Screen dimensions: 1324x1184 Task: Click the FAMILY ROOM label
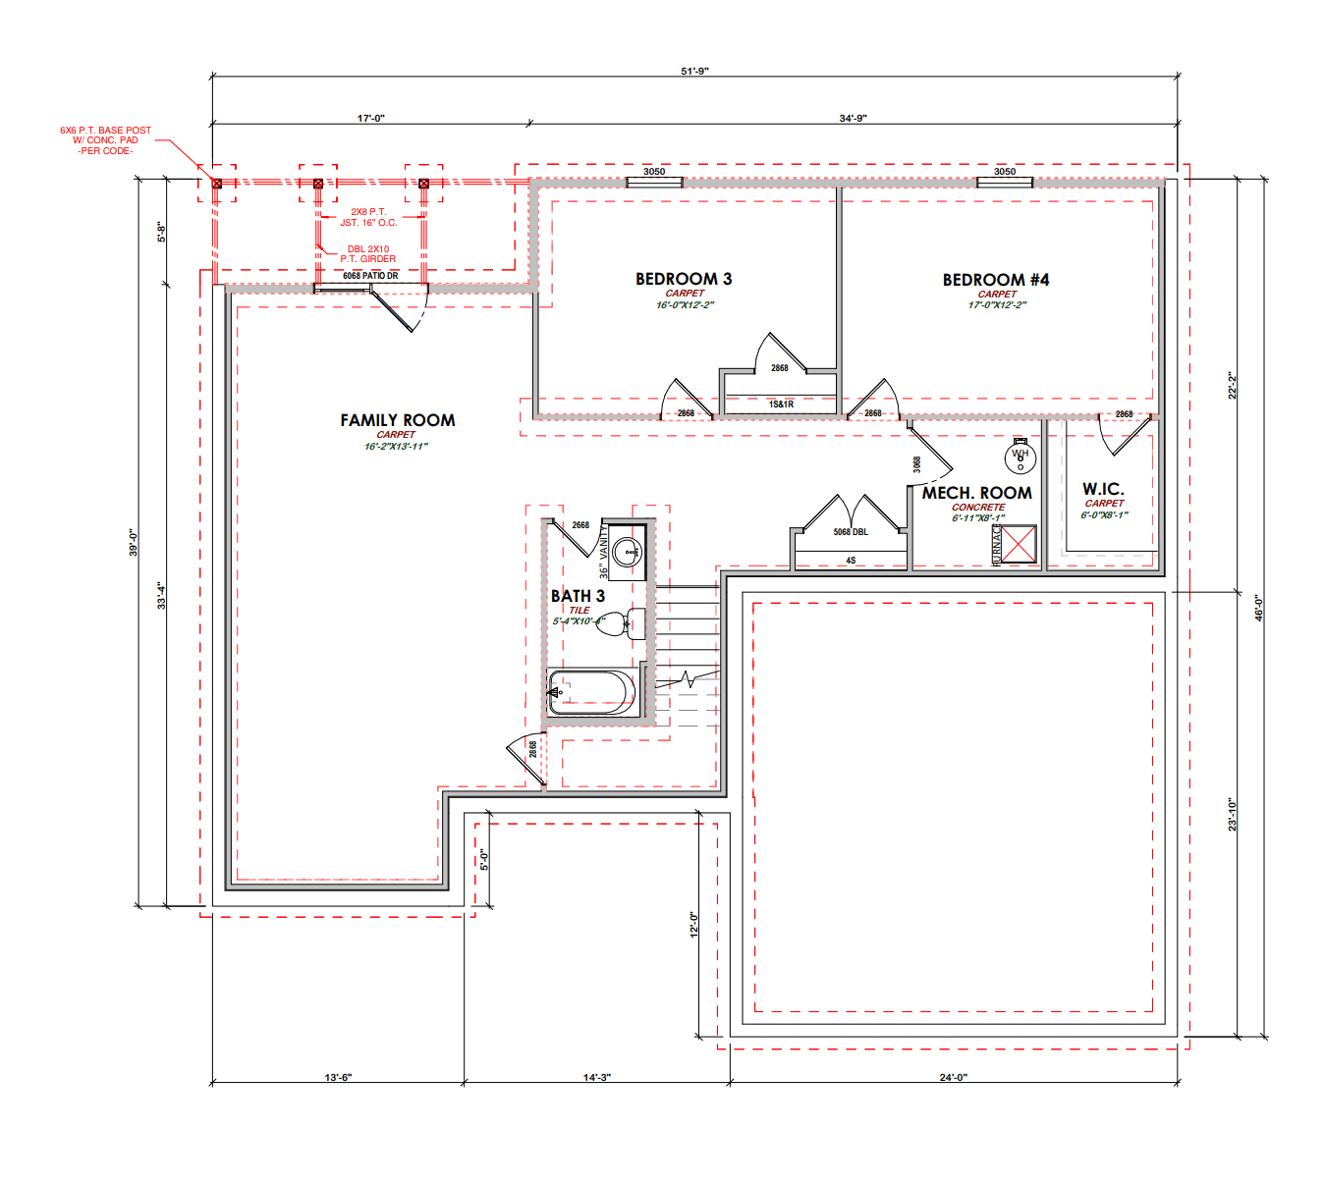[x=398, y=420]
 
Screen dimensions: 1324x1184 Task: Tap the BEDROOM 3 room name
[x=684, y=279]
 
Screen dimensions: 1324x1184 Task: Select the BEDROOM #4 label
[x=995, y=280]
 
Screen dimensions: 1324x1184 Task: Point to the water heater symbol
[x=1020, y=457]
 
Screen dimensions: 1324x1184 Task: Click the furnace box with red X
[x=1019, y=543]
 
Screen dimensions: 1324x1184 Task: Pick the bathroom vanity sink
[x=628, y=552]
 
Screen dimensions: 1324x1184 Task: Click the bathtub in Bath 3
[x=591, y=692]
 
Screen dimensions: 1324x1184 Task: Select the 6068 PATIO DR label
[x=370, y=276]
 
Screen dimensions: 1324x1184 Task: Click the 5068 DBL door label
[x=851, y=532]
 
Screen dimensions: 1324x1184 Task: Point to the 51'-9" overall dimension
[x=694, y=71]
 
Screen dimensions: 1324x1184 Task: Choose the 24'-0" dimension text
[x=953, y=1078]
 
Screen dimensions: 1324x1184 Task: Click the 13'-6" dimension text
[x=338, y=1078]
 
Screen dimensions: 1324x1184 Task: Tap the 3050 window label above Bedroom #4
[x=1005, y=171]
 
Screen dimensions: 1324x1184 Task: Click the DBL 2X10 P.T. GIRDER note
[x=368, y=253]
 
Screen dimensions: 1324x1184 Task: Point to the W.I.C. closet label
[x=1103, y=489]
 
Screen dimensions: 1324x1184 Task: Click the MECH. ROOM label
[x=976, y=493]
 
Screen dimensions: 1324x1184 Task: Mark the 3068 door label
[x=916, y=464]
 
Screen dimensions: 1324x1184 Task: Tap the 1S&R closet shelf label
[x=781, y=404]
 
